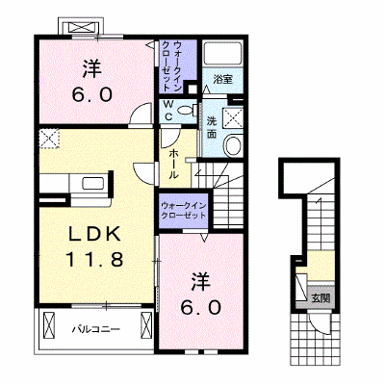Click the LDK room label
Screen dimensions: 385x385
[x=95, y=234]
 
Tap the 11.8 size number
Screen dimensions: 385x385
[x=94, y=259]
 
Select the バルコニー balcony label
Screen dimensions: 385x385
[x=96, y=329]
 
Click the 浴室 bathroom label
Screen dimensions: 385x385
[x=222, y=79]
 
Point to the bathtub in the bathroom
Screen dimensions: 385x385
[x=222, y=53]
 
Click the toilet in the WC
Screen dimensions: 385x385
[x=187, y=111]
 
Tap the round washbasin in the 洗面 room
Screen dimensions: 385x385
[x=233, y=145]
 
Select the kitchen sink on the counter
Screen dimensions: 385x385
[x=93, y=184]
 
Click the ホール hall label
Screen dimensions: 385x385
[x=173, y=164]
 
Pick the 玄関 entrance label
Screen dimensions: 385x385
[x=321, y=298]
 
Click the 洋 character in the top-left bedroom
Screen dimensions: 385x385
[x=92, y=69]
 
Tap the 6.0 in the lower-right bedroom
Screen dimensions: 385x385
[x=200, y=308]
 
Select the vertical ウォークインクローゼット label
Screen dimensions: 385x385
[x=173, y=66]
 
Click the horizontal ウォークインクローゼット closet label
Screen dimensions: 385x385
[x=183, y=211]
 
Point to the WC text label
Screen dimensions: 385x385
[x=168, y=111]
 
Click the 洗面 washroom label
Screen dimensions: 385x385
[x=211, y=127]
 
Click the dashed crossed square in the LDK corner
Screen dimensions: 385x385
[x=49, y=139]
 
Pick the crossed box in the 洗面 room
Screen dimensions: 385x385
[x=233, y=117]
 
